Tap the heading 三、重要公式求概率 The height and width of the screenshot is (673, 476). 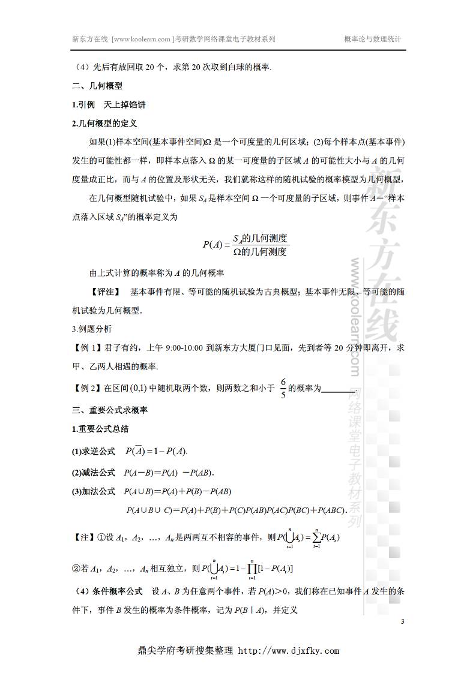(x=109, y=411)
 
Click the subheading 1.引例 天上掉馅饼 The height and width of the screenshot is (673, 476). (x=108, y=105)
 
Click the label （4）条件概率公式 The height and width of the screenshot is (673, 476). (x=107, y=592)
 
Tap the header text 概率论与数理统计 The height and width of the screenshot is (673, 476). (x=372, y=38)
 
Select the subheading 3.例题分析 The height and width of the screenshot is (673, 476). (x=91, y=329)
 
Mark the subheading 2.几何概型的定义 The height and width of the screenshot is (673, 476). (x=104, y=124)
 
